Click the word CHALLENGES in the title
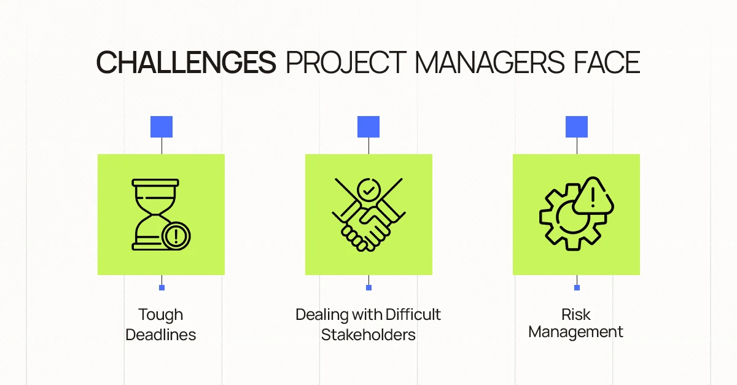click(186, 63)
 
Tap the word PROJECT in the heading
click(346, 63)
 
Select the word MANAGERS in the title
click(489, 63)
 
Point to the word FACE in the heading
click(607, 63)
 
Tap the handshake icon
click(368, 214)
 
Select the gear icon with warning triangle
click(577, 214)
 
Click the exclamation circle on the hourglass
click(176, 236)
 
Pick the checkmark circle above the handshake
click(369, 190)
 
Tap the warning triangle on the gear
click(593, 196)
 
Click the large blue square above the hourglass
click(162, 126)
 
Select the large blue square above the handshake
click(368, 126)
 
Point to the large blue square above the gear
click(577, 126)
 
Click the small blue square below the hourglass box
click(162, 287)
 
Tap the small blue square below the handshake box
click(369, 287)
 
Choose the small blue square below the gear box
click(577, 287)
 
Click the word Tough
click(160, 315)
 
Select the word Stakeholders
click(368, 335)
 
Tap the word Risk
click(576, 314)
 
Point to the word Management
click(576, 332)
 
